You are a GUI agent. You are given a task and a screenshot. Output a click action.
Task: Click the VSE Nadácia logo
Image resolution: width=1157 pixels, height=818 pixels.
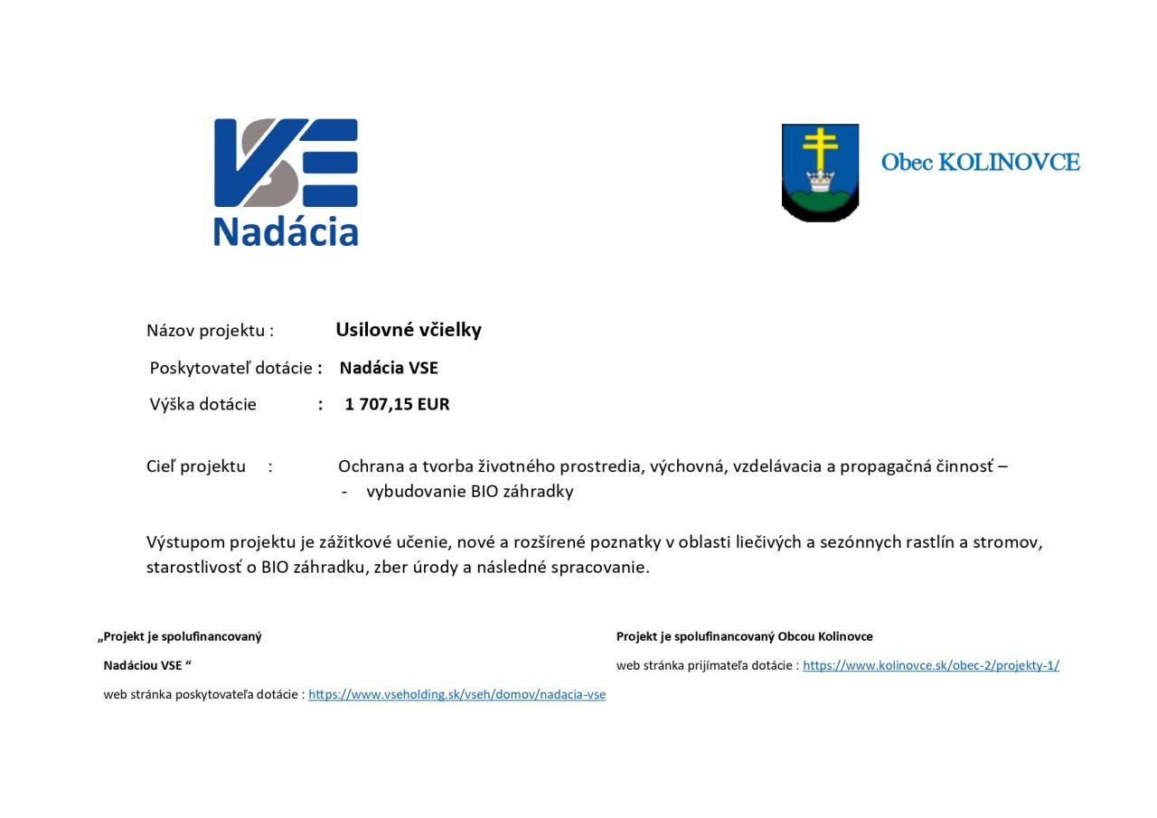click(286, 181)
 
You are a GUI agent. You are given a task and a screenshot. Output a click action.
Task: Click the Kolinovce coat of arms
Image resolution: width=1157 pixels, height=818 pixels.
click(820, 173)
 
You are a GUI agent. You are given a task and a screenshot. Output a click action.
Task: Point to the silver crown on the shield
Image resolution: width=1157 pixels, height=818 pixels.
click(820, 180)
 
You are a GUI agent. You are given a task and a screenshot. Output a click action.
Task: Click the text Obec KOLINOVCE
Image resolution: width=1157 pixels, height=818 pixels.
click(980, 163)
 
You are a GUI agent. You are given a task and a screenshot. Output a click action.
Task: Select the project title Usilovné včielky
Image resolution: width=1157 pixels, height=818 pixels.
click(409, 330)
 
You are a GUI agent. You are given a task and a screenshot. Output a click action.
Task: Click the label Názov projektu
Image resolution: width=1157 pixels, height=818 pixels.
click(209, 331)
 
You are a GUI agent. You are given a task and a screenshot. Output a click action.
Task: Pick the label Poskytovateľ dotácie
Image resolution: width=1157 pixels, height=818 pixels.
click(230, 368)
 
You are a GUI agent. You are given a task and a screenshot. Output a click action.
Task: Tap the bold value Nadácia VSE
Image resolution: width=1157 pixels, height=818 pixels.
click(389, 368)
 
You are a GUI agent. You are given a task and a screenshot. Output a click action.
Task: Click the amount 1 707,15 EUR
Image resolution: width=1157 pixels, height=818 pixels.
click(397, 404)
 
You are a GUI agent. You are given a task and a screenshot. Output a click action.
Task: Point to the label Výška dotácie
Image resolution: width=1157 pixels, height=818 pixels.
click(203, 404)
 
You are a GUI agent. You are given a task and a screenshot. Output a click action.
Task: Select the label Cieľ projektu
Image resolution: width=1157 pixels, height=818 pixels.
click(196, 466)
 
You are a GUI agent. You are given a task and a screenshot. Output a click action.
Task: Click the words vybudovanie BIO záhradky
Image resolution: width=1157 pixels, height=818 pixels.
click(470, 492)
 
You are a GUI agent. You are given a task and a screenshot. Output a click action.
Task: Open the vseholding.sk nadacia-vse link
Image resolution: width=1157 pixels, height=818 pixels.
click(456, 694)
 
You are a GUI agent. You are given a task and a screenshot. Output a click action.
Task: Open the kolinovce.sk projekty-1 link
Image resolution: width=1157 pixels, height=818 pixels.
click(930, 665)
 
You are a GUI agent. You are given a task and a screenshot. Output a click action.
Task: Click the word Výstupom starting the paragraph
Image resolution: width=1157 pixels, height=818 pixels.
click(185, 542)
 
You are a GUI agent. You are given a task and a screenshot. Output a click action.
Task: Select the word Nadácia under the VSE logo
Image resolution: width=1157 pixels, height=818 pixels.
click(286, 231)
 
